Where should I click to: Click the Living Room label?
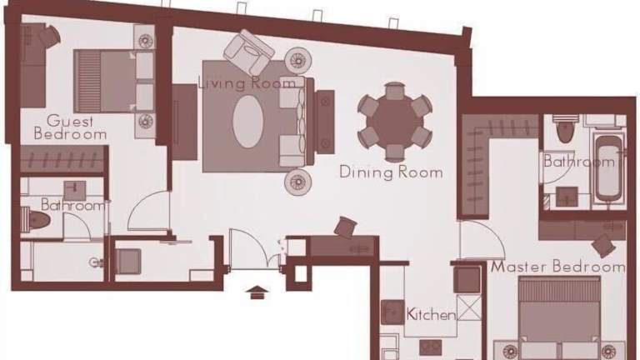247,82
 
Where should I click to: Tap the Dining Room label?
391,172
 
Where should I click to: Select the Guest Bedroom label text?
70,127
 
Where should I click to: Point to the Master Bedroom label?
558,267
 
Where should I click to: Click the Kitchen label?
431,314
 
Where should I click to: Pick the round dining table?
395,122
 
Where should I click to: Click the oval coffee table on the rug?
247,122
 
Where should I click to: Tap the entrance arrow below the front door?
257,292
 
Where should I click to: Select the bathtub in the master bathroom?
608,168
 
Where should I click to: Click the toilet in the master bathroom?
565,128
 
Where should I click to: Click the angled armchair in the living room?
248,52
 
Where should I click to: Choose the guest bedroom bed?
114,81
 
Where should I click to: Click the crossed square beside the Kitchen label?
469,307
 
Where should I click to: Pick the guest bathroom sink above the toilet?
75,191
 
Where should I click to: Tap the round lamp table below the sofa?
298,181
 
